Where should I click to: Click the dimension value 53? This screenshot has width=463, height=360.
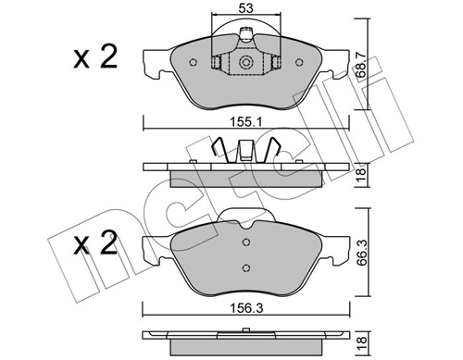(246, 10)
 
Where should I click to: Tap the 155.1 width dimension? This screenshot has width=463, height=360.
(249, 119)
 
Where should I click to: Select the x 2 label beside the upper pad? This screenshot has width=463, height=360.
(95, 58)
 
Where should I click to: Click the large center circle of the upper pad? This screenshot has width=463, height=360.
(246, 62)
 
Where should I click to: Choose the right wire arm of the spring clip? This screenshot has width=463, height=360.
(274, 151)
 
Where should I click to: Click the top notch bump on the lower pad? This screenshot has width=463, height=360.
(246, 223)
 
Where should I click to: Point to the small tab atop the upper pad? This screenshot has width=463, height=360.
(247, 36)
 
